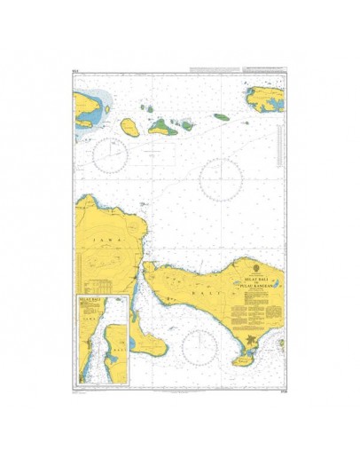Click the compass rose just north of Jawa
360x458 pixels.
tap(112, 155)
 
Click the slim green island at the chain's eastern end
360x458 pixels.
tap(221, 116)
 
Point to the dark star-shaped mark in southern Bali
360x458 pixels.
tap(254, 340)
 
